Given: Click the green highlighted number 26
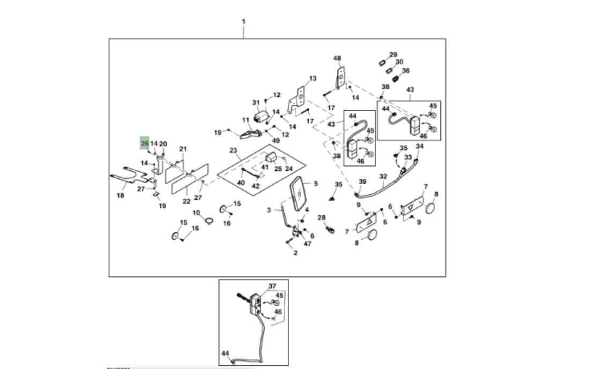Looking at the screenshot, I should pyautogui.click(x=144, y=144).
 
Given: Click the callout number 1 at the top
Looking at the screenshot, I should pyautogui.click(x=244, y=22).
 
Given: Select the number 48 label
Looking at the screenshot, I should pyautogui.click(x=337, y=58).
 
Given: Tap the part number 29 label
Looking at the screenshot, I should pyautogui.click(x=393, y=55).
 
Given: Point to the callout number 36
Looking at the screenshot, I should pyautogui.click(x=406, y=70).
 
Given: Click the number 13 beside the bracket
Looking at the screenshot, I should pyautogui.click(x=313, y=78).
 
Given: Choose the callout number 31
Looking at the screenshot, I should pyautogui.click(x=255, y=102).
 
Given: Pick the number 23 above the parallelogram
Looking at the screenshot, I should pyautogui.click(x=233, y=150).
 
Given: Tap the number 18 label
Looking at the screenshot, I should pyautogui.click(x=120, y=195).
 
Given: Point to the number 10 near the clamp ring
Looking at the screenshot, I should pyautogui.click(x=196, y=213).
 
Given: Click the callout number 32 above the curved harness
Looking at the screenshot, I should pyautogui.click(x=383, y=176).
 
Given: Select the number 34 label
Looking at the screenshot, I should pyautogui.click(x=420, y=146).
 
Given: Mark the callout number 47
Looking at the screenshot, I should pyautogui.click(x=307, y=244).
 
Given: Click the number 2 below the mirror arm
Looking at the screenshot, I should pyautogui.click(x=295, y=253).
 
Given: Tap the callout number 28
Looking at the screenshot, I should pyautogui.click(x=321, y=217).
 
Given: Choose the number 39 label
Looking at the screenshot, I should pyautogui.click(x=362, y=182).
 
